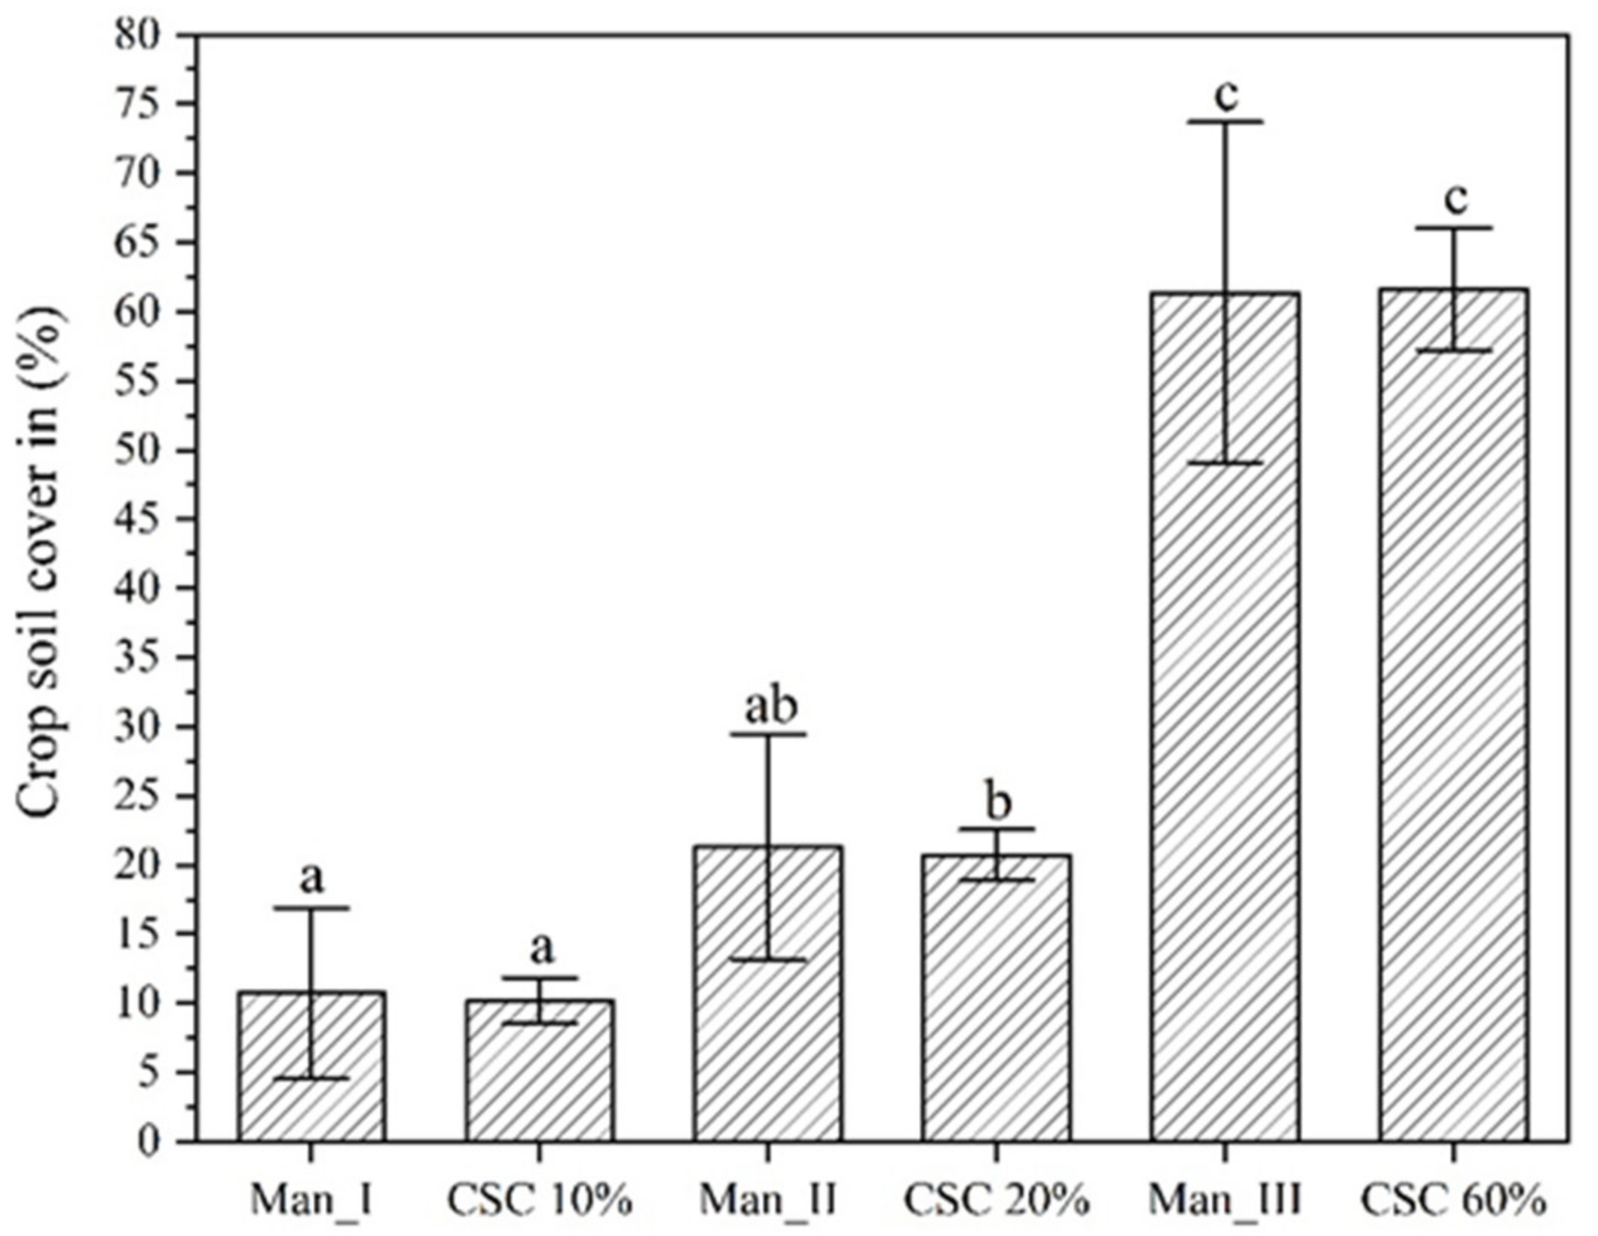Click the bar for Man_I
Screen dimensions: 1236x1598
[x=311, y=1070]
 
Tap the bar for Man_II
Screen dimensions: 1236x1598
[x=768, y=995]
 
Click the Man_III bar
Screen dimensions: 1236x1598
[x=1225, y=716]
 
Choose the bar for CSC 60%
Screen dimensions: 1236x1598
[x=1454, y=716]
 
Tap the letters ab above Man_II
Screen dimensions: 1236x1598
[x=771, y=705]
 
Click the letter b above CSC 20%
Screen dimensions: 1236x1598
[x=999, y=803]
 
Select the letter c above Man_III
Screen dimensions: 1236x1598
[x=1226, y=96]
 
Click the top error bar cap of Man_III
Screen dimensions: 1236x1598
[x=1226, y=121]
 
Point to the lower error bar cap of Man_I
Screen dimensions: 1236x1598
[x=311, y=1078]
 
